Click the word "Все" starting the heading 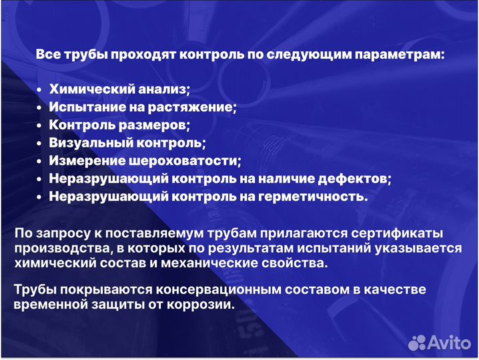(48, 55)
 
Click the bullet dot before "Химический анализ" (39, 89)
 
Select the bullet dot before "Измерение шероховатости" (39, 161)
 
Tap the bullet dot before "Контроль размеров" (39, 125)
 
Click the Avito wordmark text (450, 342)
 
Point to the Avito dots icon (418, 342)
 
